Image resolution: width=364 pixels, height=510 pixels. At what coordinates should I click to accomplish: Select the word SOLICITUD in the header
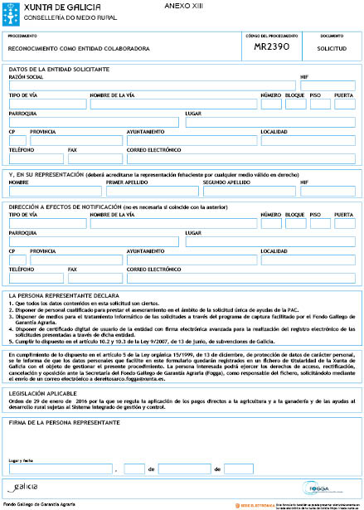(331, 49)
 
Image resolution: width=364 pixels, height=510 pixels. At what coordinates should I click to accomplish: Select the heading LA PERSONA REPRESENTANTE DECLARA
(66, 295)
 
